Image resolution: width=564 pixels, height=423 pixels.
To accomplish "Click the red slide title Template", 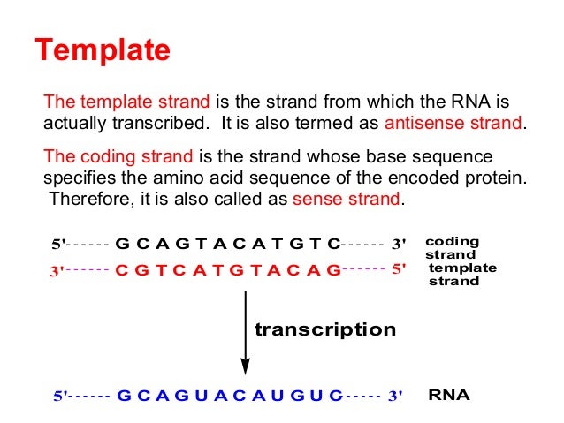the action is click(102, 49).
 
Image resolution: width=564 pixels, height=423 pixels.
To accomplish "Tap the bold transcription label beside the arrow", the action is click(325, 329).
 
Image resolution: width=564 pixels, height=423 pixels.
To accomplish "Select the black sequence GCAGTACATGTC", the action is click(228, 244).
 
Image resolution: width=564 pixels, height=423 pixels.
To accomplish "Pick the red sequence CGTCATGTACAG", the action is click(227, 270).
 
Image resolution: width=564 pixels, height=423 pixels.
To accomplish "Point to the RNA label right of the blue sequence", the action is click(449, 395).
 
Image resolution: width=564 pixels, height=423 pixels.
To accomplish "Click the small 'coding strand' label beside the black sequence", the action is click(453, 246).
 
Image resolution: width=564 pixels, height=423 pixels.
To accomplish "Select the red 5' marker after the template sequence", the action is click(398, 269).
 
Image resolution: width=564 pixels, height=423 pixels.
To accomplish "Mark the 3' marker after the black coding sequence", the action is click(398, 244).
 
